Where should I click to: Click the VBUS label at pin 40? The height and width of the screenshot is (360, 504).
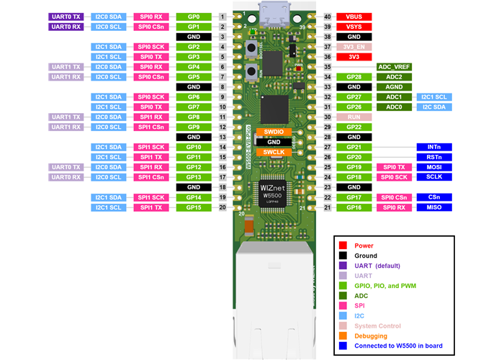353,16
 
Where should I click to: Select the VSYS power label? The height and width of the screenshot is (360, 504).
353,26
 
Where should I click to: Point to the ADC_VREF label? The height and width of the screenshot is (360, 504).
394,66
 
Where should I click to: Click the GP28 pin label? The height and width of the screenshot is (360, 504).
353,76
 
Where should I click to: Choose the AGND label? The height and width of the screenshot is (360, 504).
394,86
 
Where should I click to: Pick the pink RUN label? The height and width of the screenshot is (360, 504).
353,117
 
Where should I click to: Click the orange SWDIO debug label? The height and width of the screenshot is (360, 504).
273,132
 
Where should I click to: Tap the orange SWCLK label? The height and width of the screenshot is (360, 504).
273,153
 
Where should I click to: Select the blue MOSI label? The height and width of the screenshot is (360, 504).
434,167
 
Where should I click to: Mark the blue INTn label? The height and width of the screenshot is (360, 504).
434,147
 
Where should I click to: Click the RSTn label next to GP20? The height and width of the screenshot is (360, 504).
434,157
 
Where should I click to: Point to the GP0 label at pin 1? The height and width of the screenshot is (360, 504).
193,16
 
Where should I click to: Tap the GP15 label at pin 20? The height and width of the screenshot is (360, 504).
193,207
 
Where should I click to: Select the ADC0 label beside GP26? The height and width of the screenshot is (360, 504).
394,107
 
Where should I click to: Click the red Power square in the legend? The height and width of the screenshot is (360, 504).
344,246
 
